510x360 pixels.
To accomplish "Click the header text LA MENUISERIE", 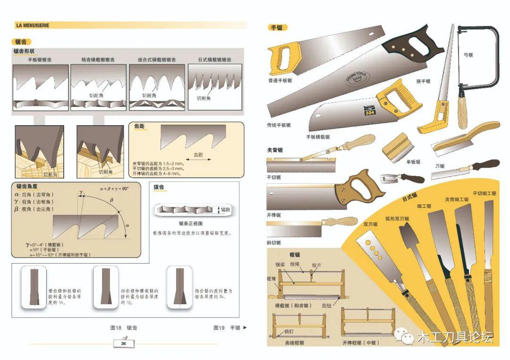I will (x=33, y=25).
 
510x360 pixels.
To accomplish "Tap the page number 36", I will (x=123, y=343).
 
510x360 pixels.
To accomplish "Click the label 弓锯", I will (x=468, y=55).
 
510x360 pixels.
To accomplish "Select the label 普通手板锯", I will (x=280, y=80).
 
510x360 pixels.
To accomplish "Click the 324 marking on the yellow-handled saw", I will (x=369, y=112).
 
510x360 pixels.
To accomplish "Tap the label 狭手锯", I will (x=423, y=81).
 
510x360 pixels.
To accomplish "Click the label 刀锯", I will (x=440, y=166).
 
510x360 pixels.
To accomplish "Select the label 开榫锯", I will (x=273, y=215).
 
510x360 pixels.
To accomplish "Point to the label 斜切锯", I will (x=273, y=242).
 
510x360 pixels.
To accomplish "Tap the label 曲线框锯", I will (x=294, y=343).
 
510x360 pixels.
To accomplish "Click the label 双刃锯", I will (x=370, y=224).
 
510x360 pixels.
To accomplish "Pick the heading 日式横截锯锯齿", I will (x=215, y=60).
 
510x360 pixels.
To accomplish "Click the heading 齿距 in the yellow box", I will (x=139, y=127).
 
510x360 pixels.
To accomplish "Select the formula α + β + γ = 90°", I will (x=114, y=188).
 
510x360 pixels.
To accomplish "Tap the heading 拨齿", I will (x=159, y=188).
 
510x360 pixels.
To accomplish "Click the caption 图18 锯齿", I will (x=124, y=327).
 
